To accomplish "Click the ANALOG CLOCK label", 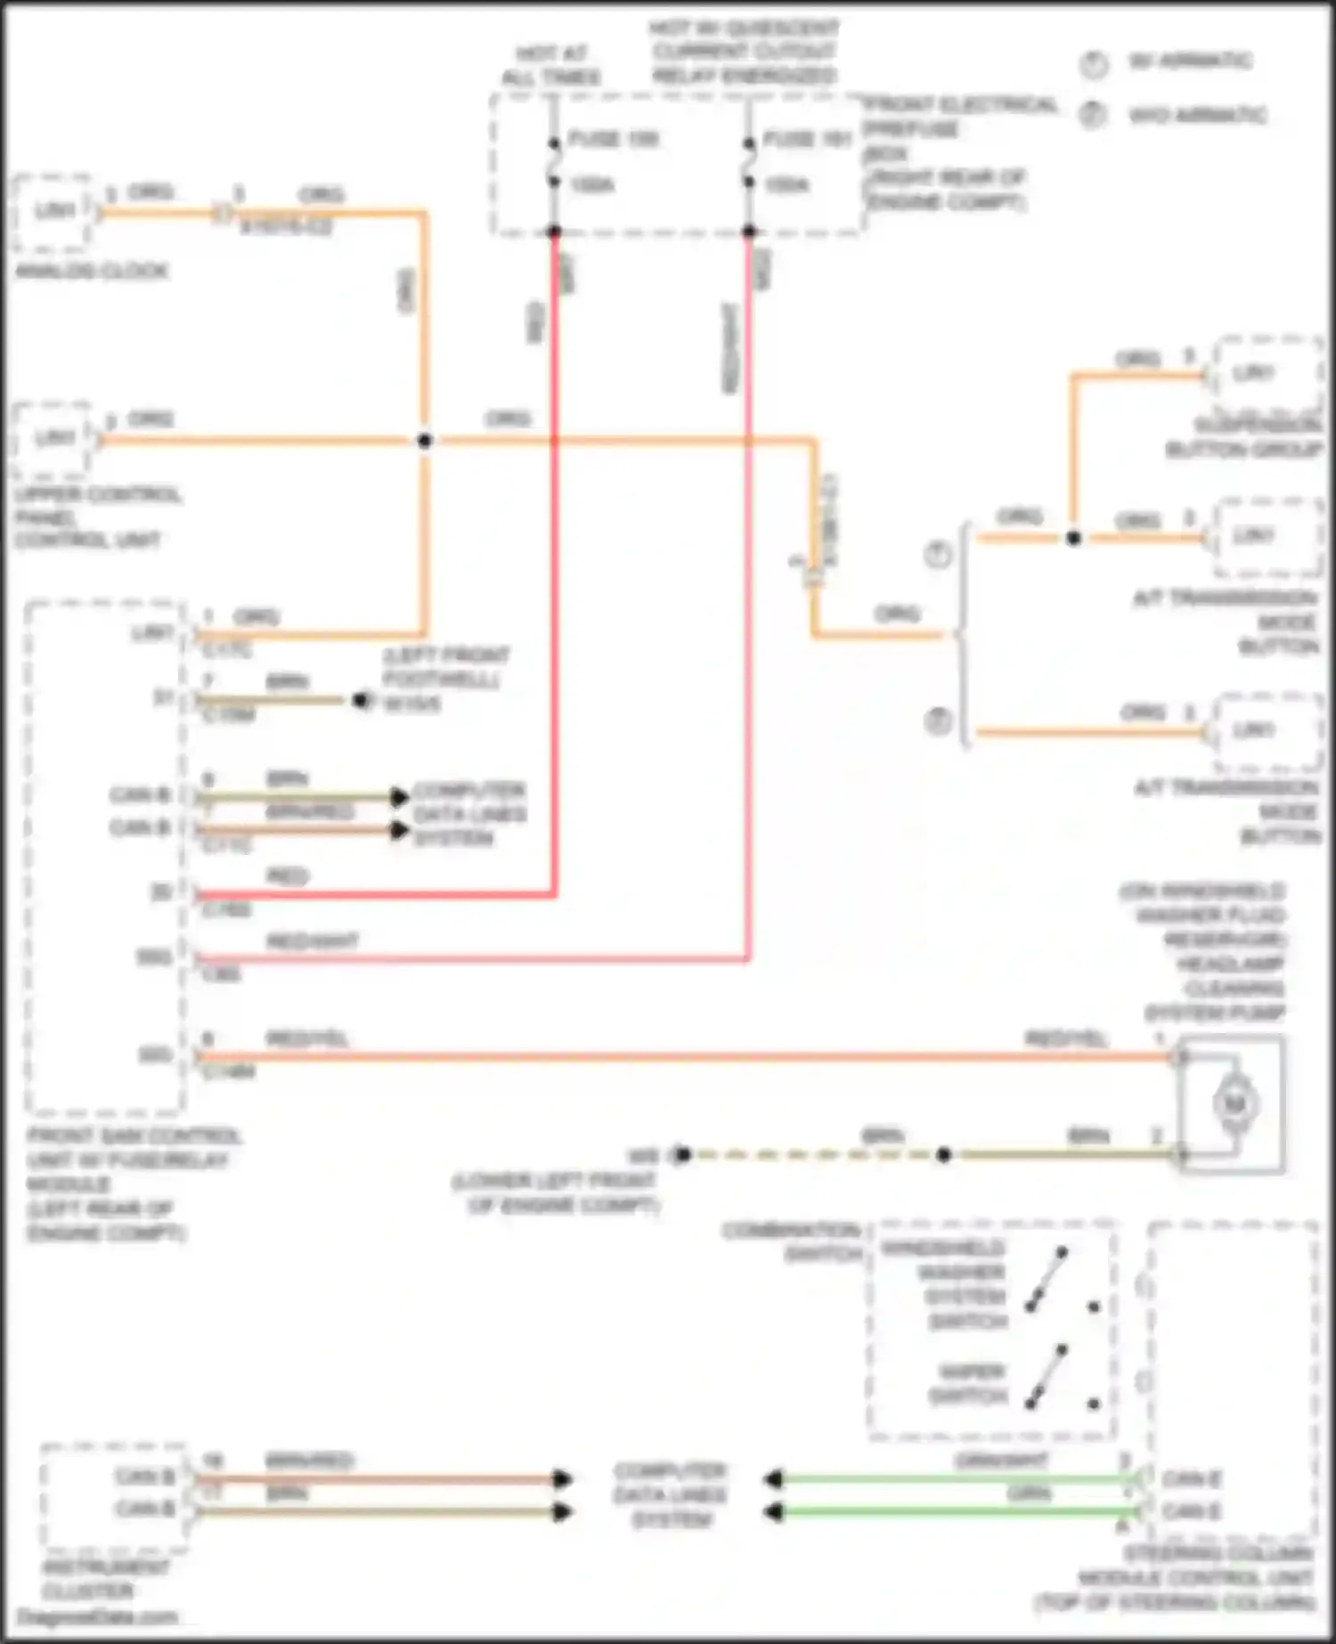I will (x=92, y=271).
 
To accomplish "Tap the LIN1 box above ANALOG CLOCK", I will (x=53, y=211).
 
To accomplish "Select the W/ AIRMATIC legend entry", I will (x=1190, y=61).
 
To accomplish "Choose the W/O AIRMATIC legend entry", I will (x=1196, y=116).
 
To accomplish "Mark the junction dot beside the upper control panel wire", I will (x=425, y=440).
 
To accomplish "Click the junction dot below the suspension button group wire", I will (x=1073, y=538).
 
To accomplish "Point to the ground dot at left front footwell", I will (x=360, y=701).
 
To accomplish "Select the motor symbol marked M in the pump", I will (x=1234, y=1104).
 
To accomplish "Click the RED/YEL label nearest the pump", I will (x=1066, y=1039).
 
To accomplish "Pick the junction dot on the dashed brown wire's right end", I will (x=943, y=1155).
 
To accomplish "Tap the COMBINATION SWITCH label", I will (x=793, y=1242).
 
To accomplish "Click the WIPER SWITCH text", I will (x=967, y=1384).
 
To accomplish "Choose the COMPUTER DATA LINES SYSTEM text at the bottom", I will (x=670, y=1495).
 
